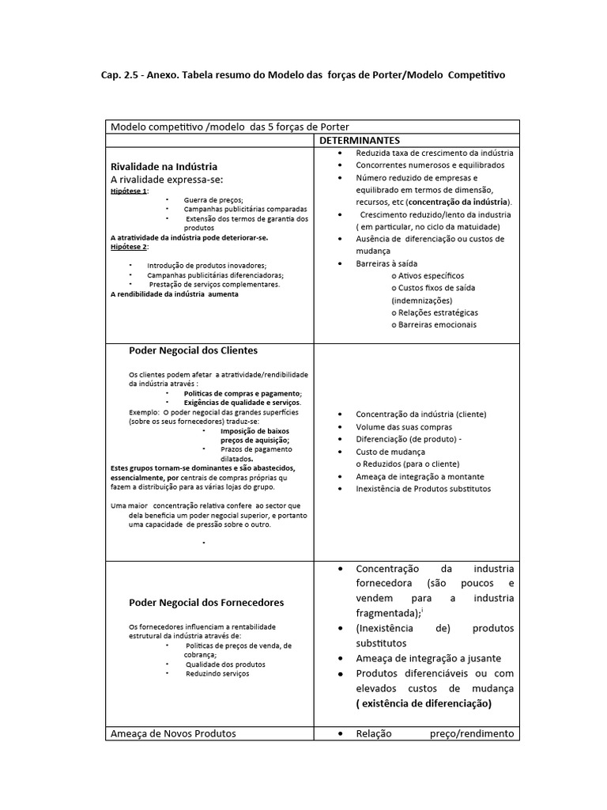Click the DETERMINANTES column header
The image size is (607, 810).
(360, 140)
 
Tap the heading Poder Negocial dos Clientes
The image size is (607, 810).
(193, 350)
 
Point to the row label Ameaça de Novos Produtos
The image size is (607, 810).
(173, 733)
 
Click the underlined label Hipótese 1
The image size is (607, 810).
(129, 191)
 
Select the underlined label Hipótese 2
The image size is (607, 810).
(129, 247)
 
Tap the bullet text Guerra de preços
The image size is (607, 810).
(213, 200)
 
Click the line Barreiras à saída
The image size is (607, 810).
(386, 263)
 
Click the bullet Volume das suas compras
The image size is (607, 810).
(404, 426)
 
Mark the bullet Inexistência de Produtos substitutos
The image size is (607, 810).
(423, 489)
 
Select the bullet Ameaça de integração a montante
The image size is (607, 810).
(420, 476)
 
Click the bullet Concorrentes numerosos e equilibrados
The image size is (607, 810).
(430, 165)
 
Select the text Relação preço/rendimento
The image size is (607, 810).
(435, 733)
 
